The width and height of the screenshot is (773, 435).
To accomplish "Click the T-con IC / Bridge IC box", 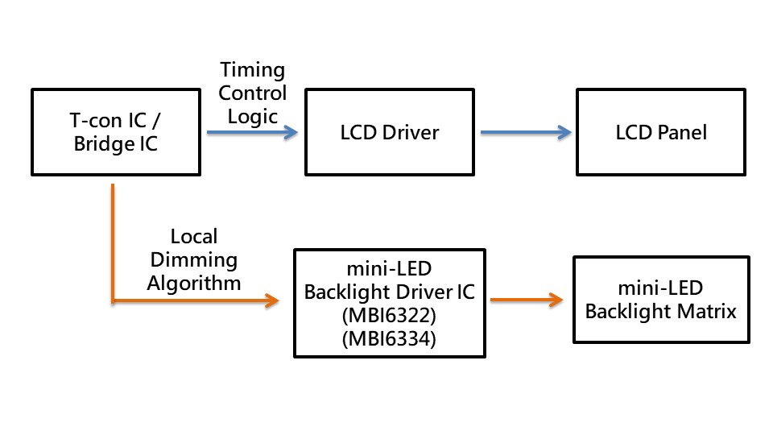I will [x=115, y=133].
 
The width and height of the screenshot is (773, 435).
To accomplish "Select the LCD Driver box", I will [x=390, y=133].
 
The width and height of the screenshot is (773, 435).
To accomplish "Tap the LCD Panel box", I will [x=660, y=133].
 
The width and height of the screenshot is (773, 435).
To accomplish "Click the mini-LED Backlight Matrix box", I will [x=660, y=300].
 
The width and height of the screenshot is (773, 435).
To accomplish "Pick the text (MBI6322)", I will [x=390, y=316].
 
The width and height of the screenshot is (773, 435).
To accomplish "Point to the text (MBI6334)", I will [x=390, y=339].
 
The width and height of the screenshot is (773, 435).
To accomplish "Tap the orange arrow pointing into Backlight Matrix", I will [x=525, y=300].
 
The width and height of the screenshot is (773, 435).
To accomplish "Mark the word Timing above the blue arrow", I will [x=252, y=70].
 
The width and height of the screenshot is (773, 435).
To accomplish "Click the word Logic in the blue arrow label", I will [x=252, y=115].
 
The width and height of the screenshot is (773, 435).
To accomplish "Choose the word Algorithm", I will [x=194, y=283].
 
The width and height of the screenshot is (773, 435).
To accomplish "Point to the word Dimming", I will [x=194, y=260].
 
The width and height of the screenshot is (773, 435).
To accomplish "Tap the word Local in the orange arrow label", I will [x=194, y=237].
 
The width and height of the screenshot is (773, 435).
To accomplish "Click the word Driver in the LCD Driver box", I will [x=410, y=133].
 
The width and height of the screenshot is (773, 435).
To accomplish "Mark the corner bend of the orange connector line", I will [x=113, y=301].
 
